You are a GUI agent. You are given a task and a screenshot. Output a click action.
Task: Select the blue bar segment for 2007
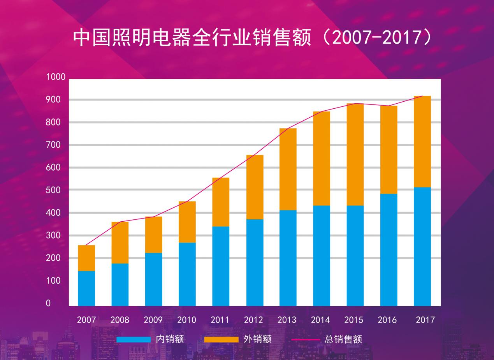pyautogui.click(x=86, y=288)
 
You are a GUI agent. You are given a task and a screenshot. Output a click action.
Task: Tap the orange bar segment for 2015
pyautogui.click(x=355, y=154)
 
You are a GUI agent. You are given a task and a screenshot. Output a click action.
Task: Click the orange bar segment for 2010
pyautogui.click(x=187, y=222)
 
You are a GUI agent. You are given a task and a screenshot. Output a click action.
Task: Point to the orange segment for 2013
pyautogui.click(x=288, y=169)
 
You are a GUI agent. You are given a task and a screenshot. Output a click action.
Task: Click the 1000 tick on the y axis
pyautogui.click(x=56, y=77)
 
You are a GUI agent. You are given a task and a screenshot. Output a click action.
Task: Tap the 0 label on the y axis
pyautogui.click(x=48, y=303)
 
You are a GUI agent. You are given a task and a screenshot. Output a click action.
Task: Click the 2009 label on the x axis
pyautogui.click(x=153, y=320)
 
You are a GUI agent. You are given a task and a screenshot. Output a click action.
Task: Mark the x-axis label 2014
pyautogui.click(x=320, y=320)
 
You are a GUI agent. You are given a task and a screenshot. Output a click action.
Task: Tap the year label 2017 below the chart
pyautogui.click(x=425, y=320)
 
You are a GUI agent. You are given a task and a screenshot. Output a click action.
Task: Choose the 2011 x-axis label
pyautogui.click(x=220, y=320)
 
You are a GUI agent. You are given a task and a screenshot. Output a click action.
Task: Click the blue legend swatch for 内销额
pyautogui.click(x=133, y=339)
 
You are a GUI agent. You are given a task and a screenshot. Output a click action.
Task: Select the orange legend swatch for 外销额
pyautogui.click(x=221, y=339)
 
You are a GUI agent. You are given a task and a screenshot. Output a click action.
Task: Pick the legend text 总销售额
pyautogui.click(x=343, y=339)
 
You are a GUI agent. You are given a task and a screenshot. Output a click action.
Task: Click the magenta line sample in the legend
pyautogui.click(x=306, y=339)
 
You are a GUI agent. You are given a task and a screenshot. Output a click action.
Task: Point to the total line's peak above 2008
pyautogui.click(x=120, y=222)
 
